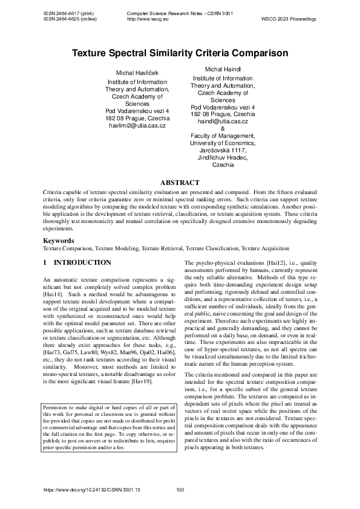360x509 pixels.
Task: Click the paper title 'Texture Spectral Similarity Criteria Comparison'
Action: (x=180, y=53)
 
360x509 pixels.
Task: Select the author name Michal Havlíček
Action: (x=137, y=73)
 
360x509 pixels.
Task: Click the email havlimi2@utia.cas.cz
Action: (x=137, y=126)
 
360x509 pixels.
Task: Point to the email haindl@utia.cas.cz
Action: (x=223, y=121)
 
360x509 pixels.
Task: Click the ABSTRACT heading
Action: (x=180, y=183)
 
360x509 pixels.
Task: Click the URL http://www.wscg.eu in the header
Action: (x=148, y=19)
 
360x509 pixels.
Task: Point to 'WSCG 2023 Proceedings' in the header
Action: (x=289, y=19)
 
